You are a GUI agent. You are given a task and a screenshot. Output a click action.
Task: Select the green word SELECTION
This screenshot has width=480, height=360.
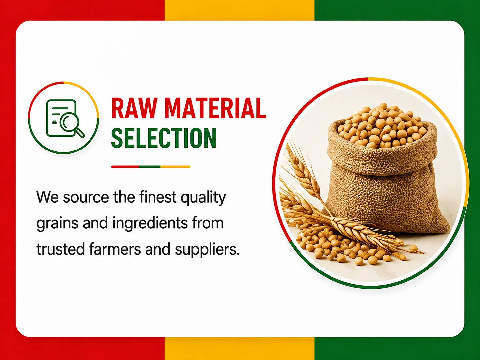pyautogui.click(x=164, y=138)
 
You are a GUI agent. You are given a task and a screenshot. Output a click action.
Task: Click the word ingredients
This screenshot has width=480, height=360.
pyautogui.click(x=150, y=224)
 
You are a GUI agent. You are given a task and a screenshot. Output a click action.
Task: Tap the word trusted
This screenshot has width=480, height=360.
pyautogui.click(x=61, y=249)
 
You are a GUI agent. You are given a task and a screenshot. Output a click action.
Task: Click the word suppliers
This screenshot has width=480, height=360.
pyautogui.click(x=207, y=250)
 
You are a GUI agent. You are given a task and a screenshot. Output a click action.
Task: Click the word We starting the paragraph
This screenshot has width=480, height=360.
pyautogui.click(x=47, y=197)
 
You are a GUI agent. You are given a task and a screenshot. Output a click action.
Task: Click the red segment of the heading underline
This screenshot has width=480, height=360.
pyautogui.click(x=125, y=167)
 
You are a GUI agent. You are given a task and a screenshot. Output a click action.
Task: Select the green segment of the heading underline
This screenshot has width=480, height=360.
pyautogui.click(x=150, y=167)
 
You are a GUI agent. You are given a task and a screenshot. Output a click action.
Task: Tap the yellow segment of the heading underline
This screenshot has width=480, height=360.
pyautogui.click(x=175, y=167)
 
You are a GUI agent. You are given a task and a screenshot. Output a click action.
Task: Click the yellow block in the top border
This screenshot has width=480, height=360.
pyautogui.click(x=239, y=10)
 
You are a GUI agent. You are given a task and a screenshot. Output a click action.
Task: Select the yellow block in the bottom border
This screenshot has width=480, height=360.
pyautogui.click(x=239, y=348)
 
